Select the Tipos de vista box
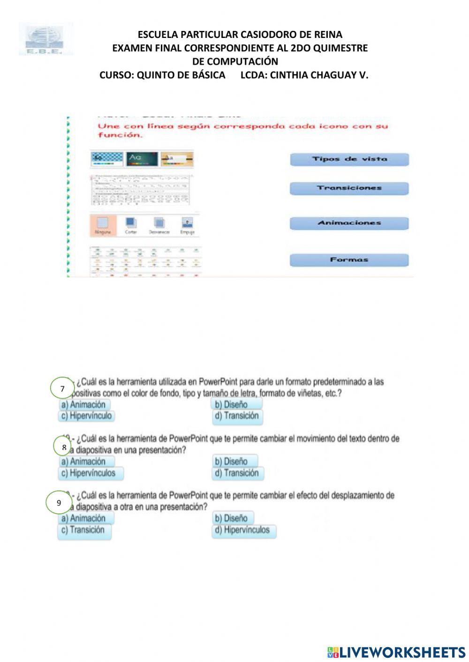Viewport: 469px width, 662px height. pyautogui.click(x=349, y=159)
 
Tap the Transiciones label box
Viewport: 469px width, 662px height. pyautogui.click(x=349, y=188)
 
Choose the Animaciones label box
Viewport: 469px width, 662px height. pyautogui.click(x=349, y=223)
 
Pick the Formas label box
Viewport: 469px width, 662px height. pyautogui.click(x=349, y=260)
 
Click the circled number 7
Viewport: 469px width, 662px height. pyautogui.click(x=62, y=389)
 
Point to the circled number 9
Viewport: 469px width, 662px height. pyautogui.click(x=59, y=503)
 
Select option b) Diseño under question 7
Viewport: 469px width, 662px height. pyautogui.click(x=236, y=404)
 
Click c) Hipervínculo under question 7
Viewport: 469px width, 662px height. pyautogui.click(x=86, y=416)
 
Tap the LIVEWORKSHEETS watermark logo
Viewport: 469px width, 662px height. pyautogui.click(x=396, y=652)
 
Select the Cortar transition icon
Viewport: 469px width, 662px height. pyautogui.click(x=131, y=225)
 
